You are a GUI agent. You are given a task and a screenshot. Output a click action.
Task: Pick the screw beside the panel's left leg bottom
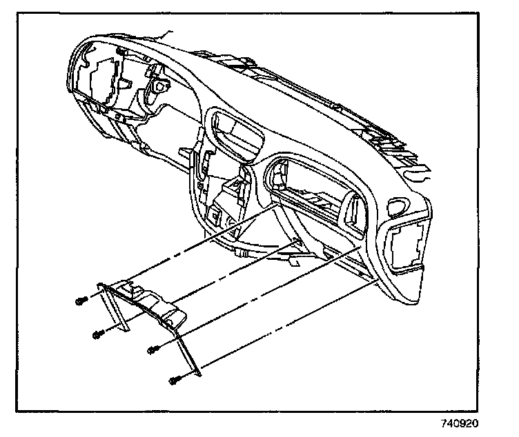[x=99, y=334]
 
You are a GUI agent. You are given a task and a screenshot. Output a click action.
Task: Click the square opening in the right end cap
[x=405, y=245]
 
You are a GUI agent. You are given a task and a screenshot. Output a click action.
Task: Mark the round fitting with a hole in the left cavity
[x=159, y=88]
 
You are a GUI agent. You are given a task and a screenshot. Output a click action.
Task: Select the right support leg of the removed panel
[x=189, y=352]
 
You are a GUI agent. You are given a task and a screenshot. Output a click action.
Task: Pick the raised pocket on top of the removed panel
[x=132, y=287]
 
